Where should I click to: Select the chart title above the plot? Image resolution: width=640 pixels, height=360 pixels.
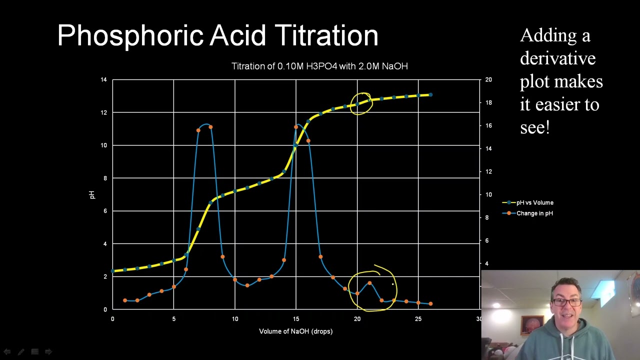point(319,66)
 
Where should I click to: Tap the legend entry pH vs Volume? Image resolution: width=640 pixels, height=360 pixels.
point(534,202)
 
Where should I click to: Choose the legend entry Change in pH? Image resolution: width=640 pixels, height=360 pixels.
point(534,213)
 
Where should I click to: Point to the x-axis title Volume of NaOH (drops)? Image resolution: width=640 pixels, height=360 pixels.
point(295,331)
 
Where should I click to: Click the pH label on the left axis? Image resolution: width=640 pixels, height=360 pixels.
point(92,194)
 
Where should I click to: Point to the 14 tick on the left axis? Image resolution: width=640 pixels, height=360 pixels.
point(103,79)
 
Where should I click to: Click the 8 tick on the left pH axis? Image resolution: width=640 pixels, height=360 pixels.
point(104,178)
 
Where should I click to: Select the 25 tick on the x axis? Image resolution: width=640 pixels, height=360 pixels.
point(418,319)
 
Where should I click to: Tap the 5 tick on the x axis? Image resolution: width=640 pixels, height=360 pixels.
point(173,319)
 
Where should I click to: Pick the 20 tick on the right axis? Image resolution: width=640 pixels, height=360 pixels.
point(488,79)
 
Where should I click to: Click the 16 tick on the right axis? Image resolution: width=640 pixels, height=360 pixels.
point(488,125)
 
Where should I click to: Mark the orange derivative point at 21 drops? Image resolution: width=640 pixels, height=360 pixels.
point(369,283)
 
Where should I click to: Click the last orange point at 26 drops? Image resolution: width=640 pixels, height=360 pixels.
point(430,303)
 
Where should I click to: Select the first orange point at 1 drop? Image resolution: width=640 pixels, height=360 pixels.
point(125,300)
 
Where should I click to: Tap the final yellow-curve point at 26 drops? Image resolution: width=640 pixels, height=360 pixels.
point(430,94)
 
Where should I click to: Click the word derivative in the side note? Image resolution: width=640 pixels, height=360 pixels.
point(557,58)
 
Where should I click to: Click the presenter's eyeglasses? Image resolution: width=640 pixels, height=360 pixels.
point(567,302)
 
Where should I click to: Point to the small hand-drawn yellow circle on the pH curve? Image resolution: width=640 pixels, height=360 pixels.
point(361,103)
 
